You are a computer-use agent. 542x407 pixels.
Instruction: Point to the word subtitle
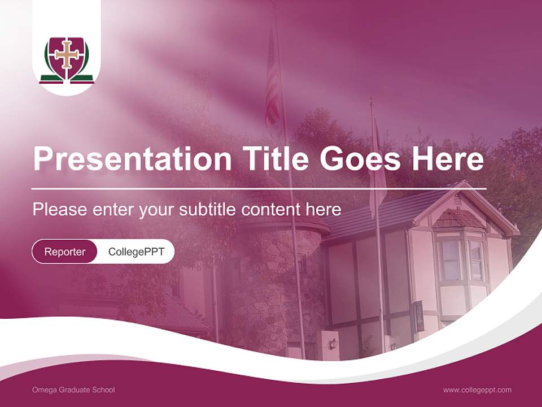pyautogui.click(x=207, y=210)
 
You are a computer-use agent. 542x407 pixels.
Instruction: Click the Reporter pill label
pyautogui.click(x=65, y=252)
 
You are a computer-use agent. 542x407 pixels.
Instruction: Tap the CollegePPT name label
pyautogui.click(x=136, y=252)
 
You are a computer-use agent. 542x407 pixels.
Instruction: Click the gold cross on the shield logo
pyautogui.click(x=67, y=55)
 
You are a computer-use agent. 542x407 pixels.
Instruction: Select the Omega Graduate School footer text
pyautogui.click(x=74, y=390)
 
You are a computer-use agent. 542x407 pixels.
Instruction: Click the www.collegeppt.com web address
pyautogui.click(x=477, y=390)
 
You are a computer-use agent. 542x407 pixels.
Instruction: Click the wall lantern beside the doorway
pyautogui.click(x=333, y=344)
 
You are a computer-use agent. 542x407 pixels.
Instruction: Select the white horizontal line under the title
pyautogui.click(x=259, y=188)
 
